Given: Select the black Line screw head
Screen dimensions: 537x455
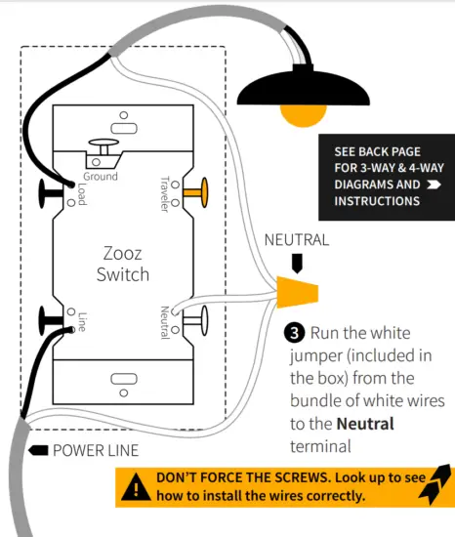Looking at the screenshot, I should point(48,318).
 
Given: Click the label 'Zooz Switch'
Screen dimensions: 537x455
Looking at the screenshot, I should point(123,263).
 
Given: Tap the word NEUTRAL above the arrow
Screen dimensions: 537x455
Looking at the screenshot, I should point(297,239).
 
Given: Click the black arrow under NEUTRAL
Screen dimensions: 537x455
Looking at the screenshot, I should point(297,262).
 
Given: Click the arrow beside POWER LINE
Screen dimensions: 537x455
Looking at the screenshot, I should point(36,450).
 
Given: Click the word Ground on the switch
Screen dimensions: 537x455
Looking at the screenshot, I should point(102,176).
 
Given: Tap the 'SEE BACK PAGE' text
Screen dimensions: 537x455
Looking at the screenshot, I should point(377,152).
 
